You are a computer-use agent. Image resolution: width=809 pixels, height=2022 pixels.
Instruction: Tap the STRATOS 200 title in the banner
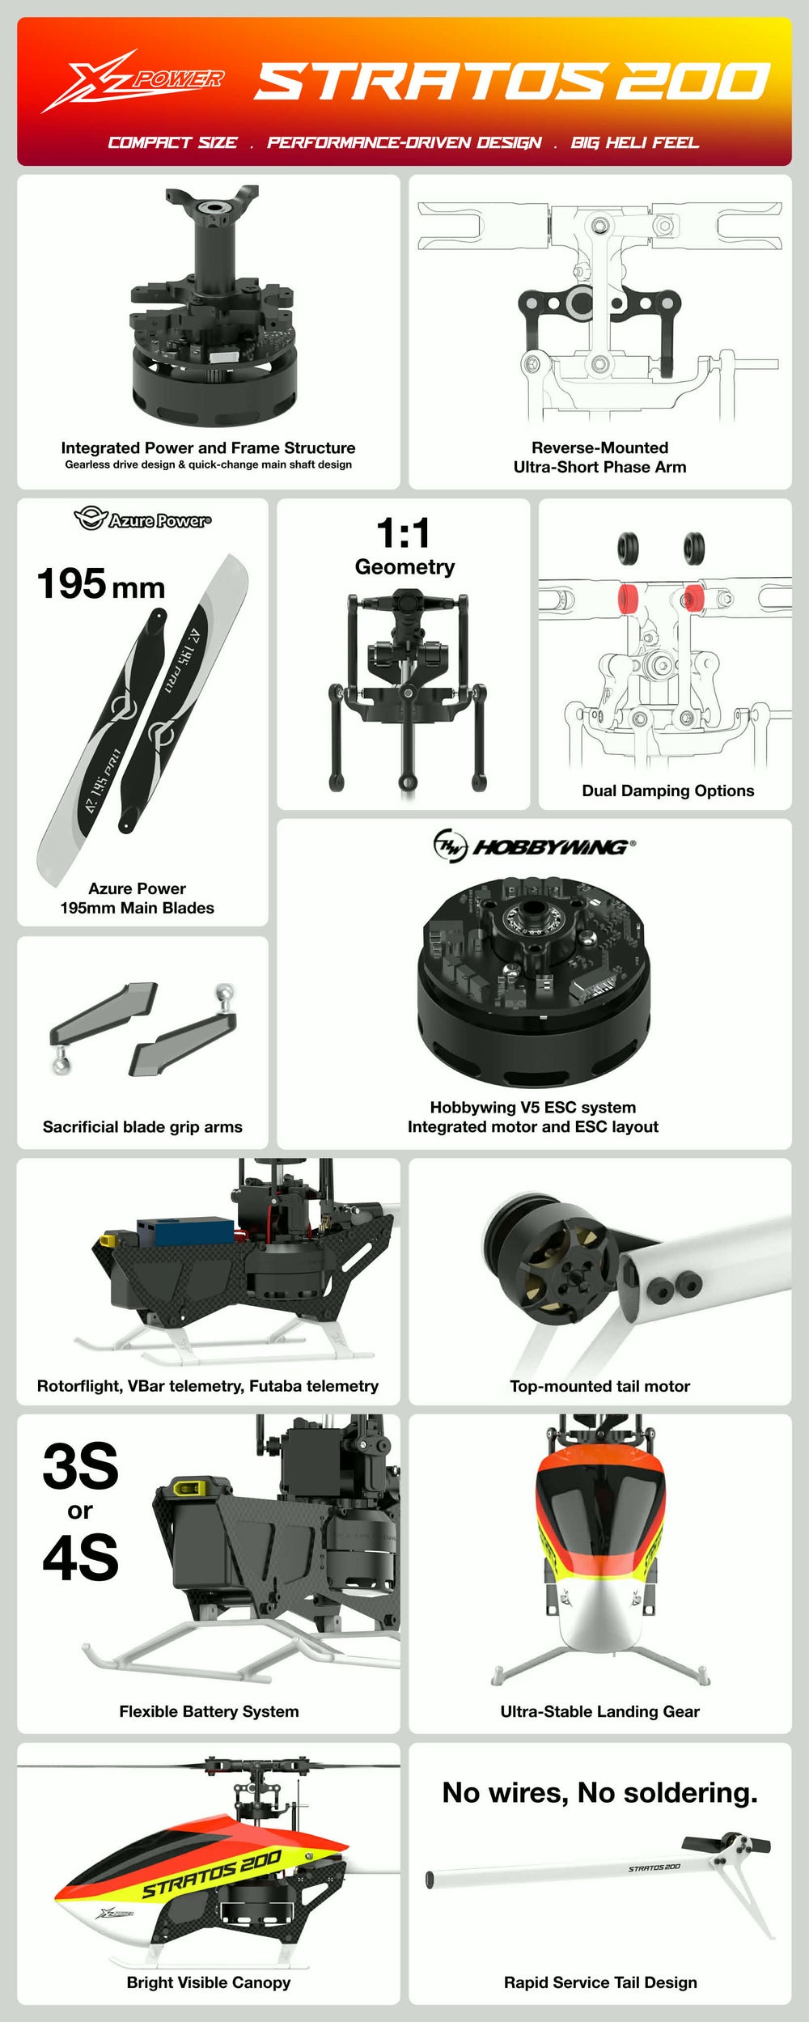[x=512, y=82]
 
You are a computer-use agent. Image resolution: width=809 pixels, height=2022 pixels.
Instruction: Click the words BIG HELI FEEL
[x=634, y=143]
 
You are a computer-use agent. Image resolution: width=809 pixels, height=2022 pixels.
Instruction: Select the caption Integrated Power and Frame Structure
[x=208, y=447]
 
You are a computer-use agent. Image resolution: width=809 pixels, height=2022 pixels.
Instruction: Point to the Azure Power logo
[x=142, y=519]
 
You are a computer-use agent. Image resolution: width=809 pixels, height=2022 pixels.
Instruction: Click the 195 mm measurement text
[x=101, y=584]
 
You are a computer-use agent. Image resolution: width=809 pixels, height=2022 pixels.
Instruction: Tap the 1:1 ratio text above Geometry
[x=404, y=533]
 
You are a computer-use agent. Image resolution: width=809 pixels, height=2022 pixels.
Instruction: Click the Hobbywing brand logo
[x=534, y=846]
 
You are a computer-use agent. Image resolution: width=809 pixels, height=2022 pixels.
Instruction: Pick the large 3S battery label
[x=80, y=1467]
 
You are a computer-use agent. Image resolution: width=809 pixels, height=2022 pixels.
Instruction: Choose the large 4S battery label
[x=80, y=1558]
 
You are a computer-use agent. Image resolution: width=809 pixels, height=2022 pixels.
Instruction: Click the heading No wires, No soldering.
[x=599, y=1792]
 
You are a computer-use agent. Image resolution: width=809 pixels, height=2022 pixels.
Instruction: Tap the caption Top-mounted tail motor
[x=599, y=1386]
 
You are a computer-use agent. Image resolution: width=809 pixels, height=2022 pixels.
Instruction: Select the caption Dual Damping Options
[x=667, y=791]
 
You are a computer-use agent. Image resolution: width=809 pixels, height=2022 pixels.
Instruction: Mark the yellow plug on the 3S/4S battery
[x=188, y=1486]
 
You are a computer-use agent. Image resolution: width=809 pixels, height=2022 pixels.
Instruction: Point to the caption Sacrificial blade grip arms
[x=142, y=1126]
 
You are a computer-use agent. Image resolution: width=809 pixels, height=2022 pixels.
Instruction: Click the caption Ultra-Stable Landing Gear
[x=599, y=1711]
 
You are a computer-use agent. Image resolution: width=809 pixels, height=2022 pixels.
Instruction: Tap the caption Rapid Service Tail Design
[x=599, y=1982]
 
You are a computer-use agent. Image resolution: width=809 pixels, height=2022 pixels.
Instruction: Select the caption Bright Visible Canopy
[x=208, y=1982]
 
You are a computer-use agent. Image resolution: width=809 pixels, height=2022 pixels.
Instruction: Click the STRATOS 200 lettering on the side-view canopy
[x=212, y=1874]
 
